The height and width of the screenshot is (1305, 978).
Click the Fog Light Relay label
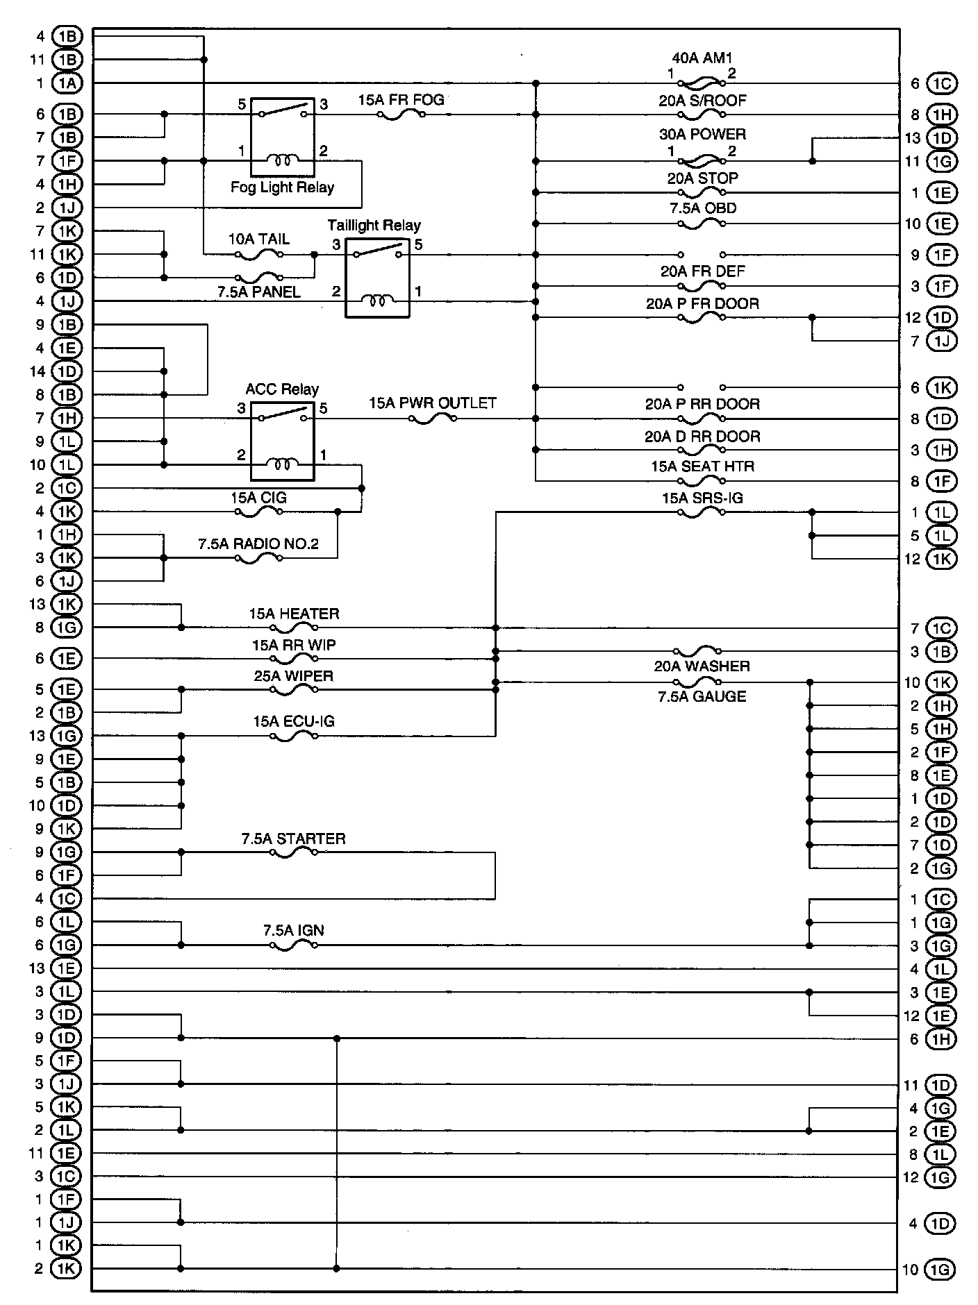(282, 187)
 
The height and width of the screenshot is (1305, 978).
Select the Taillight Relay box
(377, 277)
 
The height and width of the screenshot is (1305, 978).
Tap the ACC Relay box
(282, 441)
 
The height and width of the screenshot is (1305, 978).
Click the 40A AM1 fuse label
(702, 58)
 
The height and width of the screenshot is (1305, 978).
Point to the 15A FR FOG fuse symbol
(401, 115)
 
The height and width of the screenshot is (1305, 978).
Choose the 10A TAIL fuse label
(259, 239)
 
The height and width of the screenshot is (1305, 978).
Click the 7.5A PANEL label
(259, 292)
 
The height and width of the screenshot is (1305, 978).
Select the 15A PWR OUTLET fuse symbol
(432, 419)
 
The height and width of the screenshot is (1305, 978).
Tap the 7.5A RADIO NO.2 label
(258, 544)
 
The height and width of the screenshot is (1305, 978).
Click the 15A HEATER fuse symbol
(294, 628)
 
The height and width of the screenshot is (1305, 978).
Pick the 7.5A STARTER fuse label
(293, 839)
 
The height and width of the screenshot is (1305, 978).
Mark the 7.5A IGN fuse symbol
(294, 945)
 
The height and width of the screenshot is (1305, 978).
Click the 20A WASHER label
(702, 666)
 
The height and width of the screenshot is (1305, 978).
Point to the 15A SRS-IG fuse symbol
(702, 513)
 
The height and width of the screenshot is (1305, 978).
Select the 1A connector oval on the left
(67, 83)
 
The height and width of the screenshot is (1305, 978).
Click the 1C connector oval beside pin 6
(941, 83)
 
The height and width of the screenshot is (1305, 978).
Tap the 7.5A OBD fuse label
(702, 208)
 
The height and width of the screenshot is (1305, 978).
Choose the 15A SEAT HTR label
(702, 466)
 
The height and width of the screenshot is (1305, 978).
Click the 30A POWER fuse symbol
(702, 161)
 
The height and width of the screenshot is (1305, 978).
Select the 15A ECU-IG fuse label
(293, 722)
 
